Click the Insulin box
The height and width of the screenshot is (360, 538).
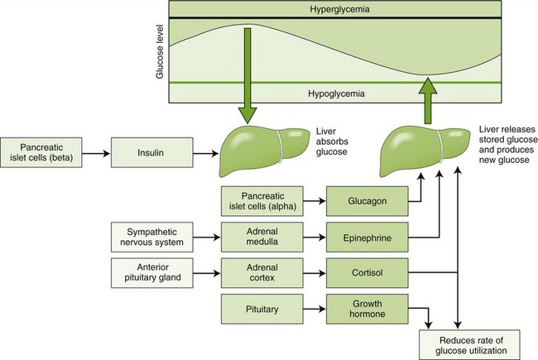(161, 154)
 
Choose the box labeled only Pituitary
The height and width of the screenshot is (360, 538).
(257, 308)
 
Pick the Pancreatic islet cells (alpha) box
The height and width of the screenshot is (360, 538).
(257, 199)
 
